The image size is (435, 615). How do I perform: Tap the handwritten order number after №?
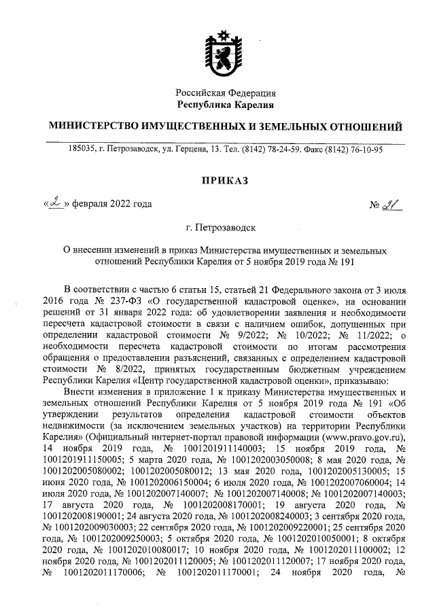point(390,205)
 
